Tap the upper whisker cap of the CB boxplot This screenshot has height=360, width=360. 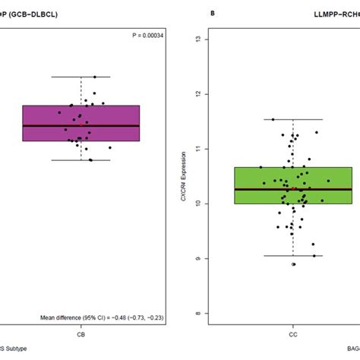click(81, 77)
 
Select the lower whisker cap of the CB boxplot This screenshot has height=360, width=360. click(81, 159)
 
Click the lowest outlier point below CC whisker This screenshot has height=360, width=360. click(293, 264)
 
